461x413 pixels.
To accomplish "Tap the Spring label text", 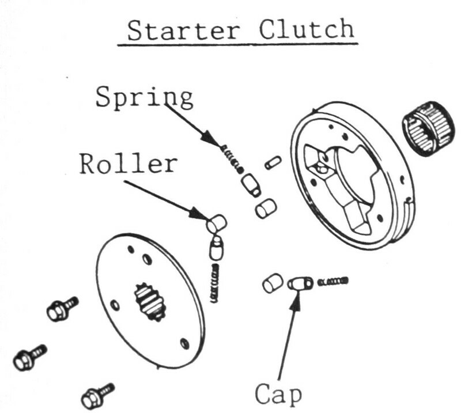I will point(144,97).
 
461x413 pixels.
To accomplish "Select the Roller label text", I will point(128,164).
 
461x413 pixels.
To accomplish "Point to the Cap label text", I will point(278,395).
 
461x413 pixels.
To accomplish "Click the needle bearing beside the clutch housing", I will point(428,127).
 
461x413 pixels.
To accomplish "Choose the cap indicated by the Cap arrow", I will point(300,284).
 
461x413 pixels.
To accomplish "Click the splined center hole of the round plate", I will point(150,301).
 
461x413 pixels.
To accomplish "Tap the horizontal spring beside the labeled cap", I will point(334,281).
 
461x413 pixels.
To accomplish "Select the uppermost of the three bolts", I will point(61,309).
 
